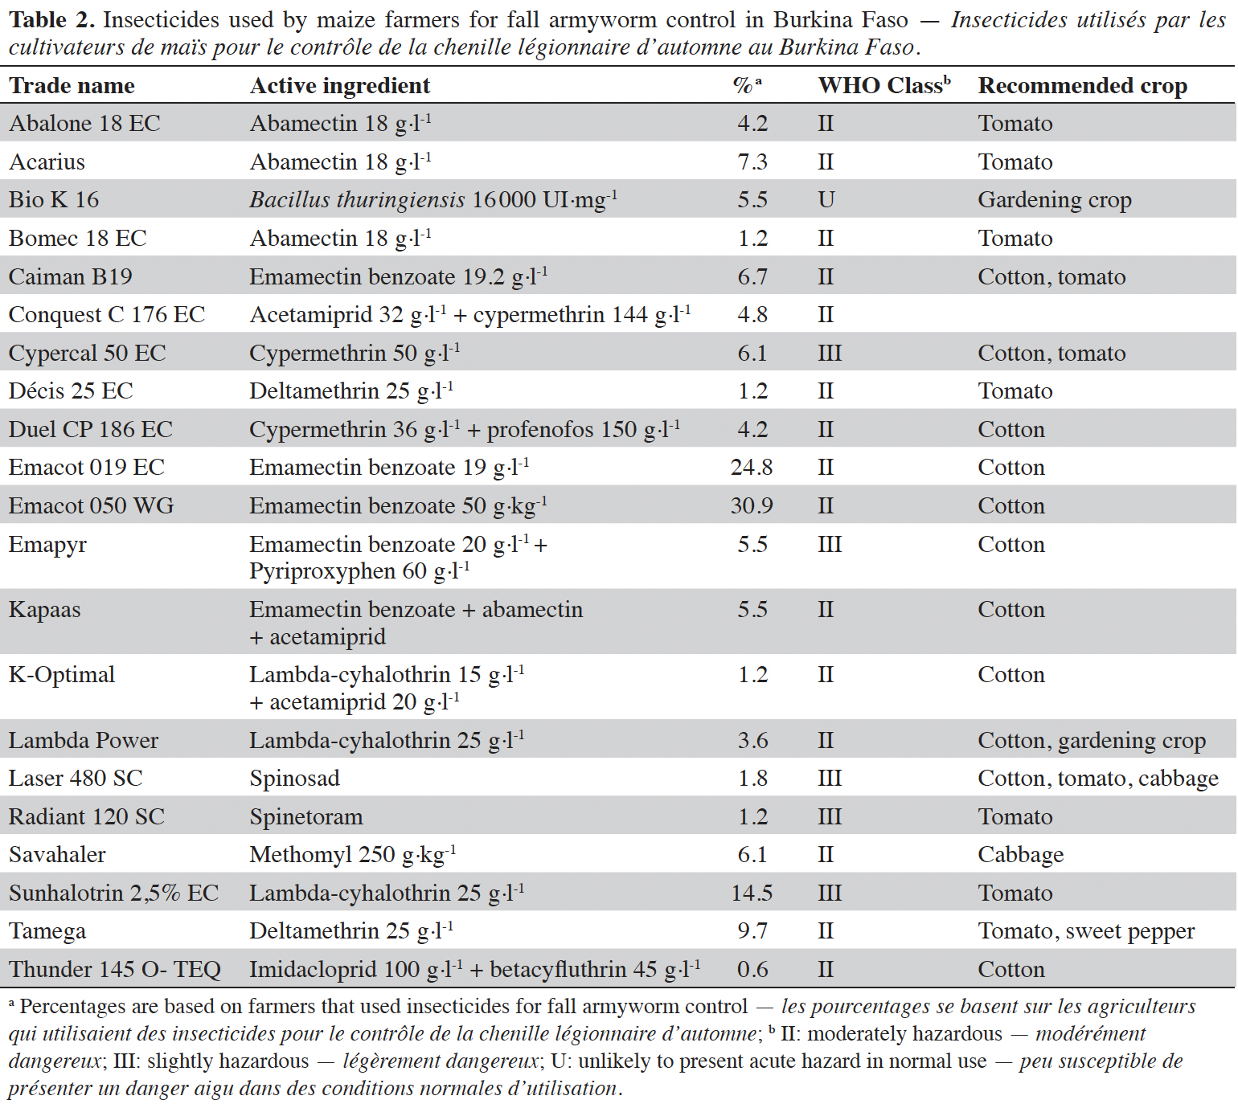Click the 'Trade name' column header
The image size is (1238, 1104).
[x=72, y=85]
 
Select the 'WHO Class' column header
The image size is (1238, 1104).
[x=884, y=85]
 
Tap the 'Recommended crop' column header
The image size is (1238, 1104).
[x=1082, y=85]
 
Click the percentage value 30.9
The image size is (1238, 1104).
[x=752, y=506]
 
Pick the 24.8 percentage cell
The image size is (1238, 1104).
[x=752, y=468]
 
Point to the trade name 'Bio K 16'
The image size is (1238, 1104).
[x=54, y=200]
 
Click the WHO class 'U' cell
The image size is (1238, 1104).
[x=826, y=200]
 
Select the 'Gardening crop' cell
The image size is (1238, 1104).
[x=1055, y=200]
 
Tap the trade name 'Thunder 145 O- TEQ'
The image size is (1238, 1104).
[x=115, y=970]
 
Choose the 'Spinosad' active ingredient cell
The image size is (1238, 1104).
[x=294, y=779]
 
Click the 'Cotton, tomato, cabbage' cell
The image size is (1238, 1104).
[x=1098, y=779]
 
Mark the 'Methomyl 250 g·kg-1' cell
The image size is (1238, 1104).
[x=353, y=854]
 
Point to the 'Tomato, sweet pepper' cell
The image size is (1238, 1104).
[x=1086, y=931]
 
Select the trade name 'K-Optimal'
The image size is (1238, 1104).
[x=62, y=675]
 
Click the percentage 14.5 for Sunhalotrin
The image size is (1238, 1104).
[x=752, y=893]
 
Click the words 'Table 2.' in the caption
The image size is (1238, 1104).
[x=52, y=20]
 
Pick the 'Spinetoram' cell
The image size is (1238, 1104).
[x=306, y=817]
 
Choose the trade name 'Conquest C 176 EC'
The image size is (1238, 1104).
[x=107, y=315]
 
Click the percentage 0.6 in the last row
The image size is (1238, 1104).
[x=752, y=970]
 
